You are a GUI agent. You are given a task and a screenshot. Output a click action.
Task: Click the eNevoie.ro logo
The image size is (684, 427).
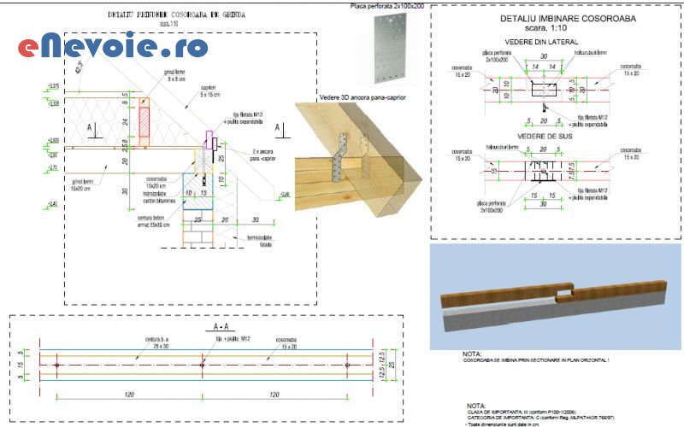(111, 46)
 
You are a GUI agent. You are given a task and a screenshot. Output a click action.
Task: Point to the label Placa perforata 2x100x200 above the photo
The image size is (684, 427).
(386, 6)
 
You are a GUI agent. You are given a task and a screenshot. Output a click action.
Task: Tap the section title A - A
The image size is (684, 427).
(220, 326)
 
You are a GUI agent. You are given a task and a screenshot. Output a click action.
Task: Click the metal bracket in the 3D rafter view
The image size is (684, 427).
(345, 154)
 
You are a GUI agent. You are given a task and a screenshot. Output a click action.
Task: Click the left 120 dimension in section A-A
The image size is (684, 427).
(127, 395)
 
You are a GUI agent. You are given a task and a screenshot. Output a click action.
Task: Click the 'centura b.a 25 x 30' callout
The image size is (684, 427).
(150, 342)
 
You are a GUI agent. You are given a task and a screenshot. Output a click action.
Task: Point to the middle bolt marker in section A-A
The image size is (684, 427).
(202, 366)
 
